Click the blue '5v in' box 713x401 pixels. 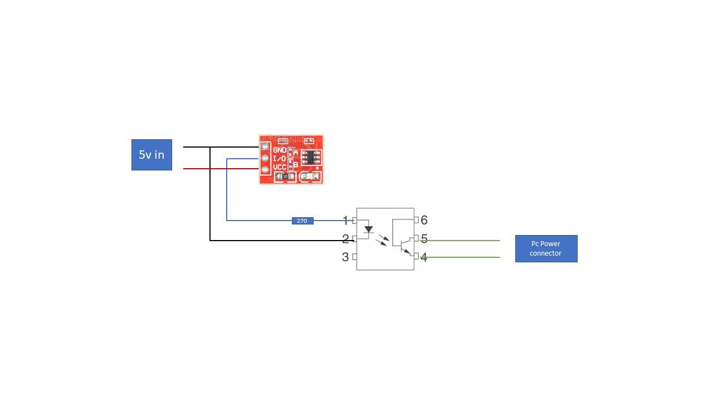pos(152,155)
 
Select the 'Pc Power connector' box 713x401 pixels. pos(546,248)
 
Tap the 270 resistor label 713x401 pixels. pos(302,221)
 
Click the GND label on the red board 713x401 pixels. pos(280,150)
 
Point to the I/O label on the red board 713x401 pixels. pos(280,159)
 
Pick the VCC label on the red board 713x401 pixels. pos(280,167)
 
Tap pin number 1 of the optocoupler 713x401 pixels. pos(345,221)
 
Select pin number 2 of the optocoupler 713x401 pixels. pos(345,239)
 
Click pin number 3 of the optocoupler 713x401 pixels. pos(345,257)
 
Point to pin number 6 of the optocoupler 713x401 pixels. pos(424,220)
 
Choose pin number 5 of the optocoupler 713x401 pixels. pos(424,239)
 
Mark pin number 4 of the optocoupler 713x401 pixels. pos(424,257)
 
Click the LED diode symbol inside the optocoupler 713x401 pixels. pos(368,229)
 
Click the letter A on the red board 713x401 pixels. pos(296,152)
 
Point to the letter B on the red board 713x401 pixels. pos(296,164)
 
